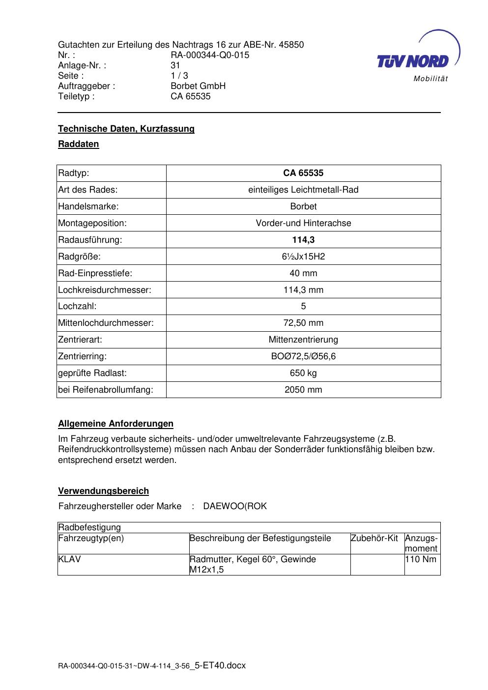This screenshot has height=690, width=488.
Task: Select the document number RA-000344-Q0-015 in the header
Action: tap(210, 55)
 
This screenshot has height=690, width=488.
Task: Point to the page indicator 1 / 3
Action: tap(179, 76)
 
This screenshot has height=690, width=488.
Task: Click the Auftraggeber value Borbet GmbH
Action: tap(198, 86)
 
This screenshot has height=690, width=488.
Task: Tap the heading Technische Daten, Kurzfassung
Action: tap(126, 129)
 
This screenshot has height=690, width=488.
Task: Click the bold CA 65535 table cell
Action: tap(303, 173)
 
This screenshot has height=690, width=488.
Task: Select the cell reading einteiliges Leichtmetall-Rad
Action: tap(303, 190)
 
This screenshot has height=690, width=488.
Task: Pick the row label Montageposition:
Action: tap(92, 223)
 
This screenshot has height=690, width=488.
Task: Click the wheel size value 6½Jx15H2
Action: tap(303, 257)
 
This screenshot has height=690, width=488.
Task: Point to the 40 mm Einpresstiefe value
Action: tap(303, 273)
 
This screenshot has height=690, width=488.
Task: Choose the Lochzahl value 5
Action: tap(303, 306)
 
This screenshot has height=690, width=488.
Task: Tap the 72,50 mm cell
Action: tap(303, 323)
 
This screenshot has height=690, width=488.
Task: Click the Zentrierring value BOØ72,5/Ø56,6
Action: tap(303, 356)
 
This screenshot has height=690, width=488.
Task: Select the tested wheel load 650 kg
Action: tap(303, 373)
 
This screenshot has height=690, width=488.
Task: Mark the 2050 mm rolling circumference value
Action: tap(303, 390)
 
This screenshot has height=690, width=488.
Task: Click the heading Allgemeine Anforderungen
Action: tap(116, 424)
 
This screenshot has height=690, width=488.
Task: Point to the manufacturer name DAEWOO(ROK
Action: tap(235, 506)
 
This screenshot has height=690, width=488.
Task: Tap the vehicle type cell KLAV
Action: tap(69, 559)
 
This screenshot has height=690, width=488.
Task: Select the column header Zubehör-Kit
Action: tap(374, 538)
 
